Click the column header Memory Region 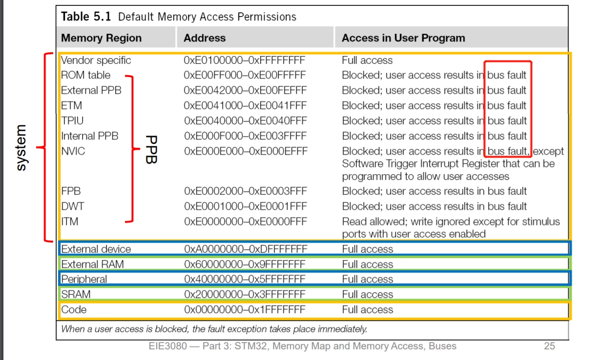(101, 38)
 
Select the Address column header (205, 38)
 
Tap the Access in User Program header (403, 38)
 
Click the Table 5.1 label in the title (86, 17)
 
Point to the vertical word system (21, 148)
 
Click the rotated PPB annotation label (151, 149)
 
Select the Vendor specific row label (96, 60)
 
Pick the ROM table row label (85, 75)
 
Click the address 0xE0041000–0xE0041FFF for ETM (245, 105)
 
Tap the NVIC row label (73, 151)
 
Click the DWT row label (72, 206)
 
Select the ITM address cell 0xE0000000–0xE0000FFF (246, 221)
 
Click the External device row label (96, 249)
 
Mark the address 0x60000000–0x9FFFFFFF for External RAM (245, 264)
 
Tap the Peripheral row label (84, 279)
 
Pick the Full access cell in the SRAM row (367, 294)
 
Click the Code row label (74, 310)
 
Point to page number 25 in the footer (549, 346)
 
